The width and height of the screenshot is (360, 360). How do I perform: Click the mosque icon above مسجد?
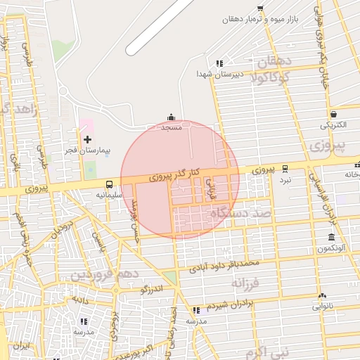[x=172, y=117]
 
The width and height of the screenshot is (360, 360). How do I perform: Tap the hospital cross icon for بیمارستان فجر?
[x=87, y=139]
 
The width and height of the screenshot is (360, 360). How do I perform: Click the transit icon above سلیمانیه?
[x=109, y=185]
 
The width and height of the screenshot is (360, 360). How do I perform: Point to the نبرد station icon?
[x=285, y=169]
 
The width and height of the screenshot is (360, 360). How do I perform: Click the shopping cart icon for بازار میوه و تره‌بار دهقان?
[x=260, y=8]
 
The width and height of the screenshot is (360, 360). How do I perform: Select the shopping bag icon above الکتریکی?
[x=333, y=114]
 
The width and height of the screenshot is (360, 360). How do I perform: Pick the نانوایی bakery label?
[x=323, y=306]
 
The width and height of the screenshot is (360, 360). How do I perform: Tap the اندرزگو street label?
[x=152, y=288]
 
